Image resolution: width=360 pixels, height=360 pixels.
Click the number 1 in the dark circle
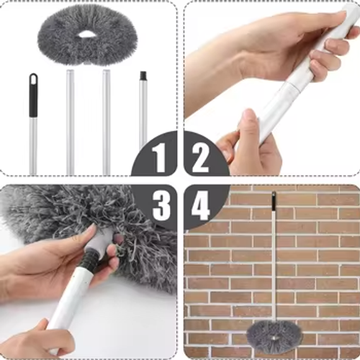coord(161,157)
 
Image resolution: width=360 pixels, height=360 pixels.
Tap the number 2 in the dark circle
coord(200,157)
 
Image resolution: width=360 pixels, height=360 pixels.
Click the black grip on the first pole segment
coord(33,95)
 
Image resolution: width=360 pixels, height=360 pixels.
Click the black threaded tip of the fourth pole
coord(143,75)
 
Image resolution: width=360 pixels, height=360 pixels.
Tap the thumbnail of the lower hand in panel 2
coord(249,115)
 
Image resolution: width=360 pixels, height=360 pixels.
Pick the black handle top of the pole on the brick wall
coord(274,201)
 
